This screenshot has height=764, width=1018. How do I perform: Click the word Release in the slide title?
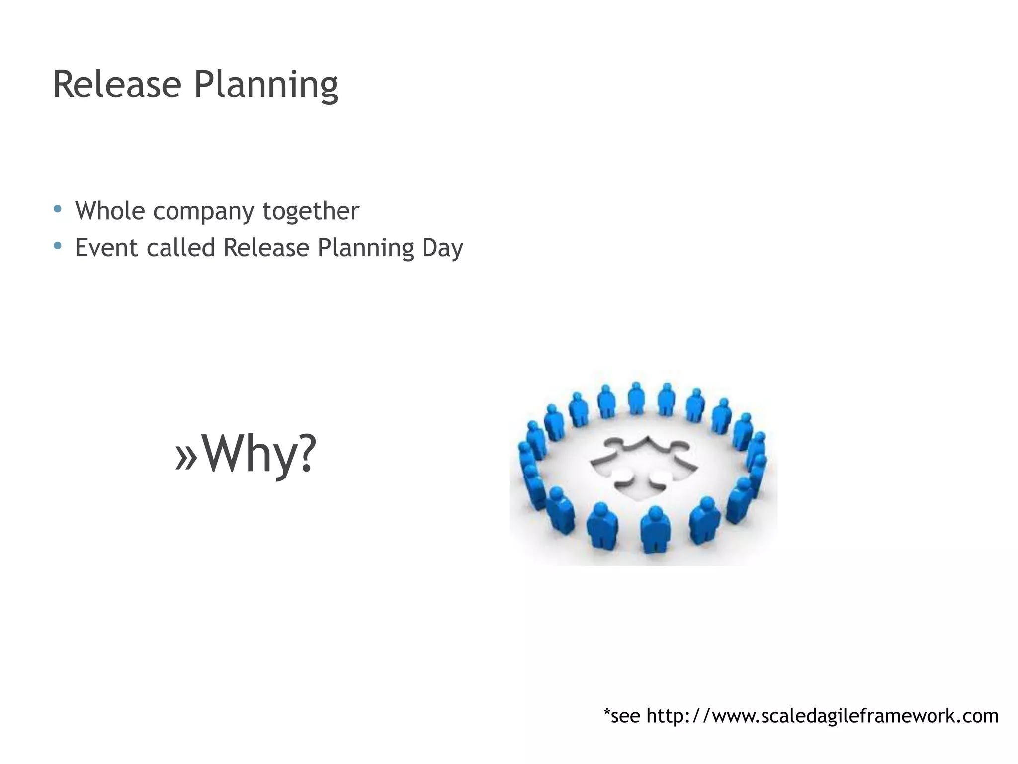[x=116, y=85]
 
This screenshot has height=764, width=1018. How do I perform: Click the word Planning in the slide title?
[x=266, y=86]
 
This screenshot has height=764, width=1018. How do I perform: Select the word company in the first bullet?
[x=203, y=212]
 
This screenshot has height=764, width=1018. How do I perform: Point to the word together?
[x=311, y=212]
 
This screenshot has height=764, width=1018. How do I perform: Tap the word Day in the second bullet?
[x=442, y=249]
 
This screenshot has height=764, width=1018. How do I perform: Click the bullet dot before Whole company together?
[x=58, y=209]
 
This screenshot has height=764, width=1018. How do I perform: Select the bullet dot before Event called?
[x=58, y=246]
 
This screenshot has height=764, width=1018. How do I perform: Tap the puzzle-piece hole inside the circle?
[x=644, y=465]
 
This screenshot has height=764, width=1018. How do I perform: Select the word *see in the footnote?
[x=621, y=716]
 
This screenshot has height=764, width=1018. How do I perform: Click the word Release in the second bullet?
[x=266, y=248]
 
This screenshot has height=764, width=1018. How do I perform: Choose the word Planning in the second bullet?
[x=366, y=249]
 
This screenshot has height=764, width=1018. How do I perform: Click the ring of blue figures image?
[x=644, y=468]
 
